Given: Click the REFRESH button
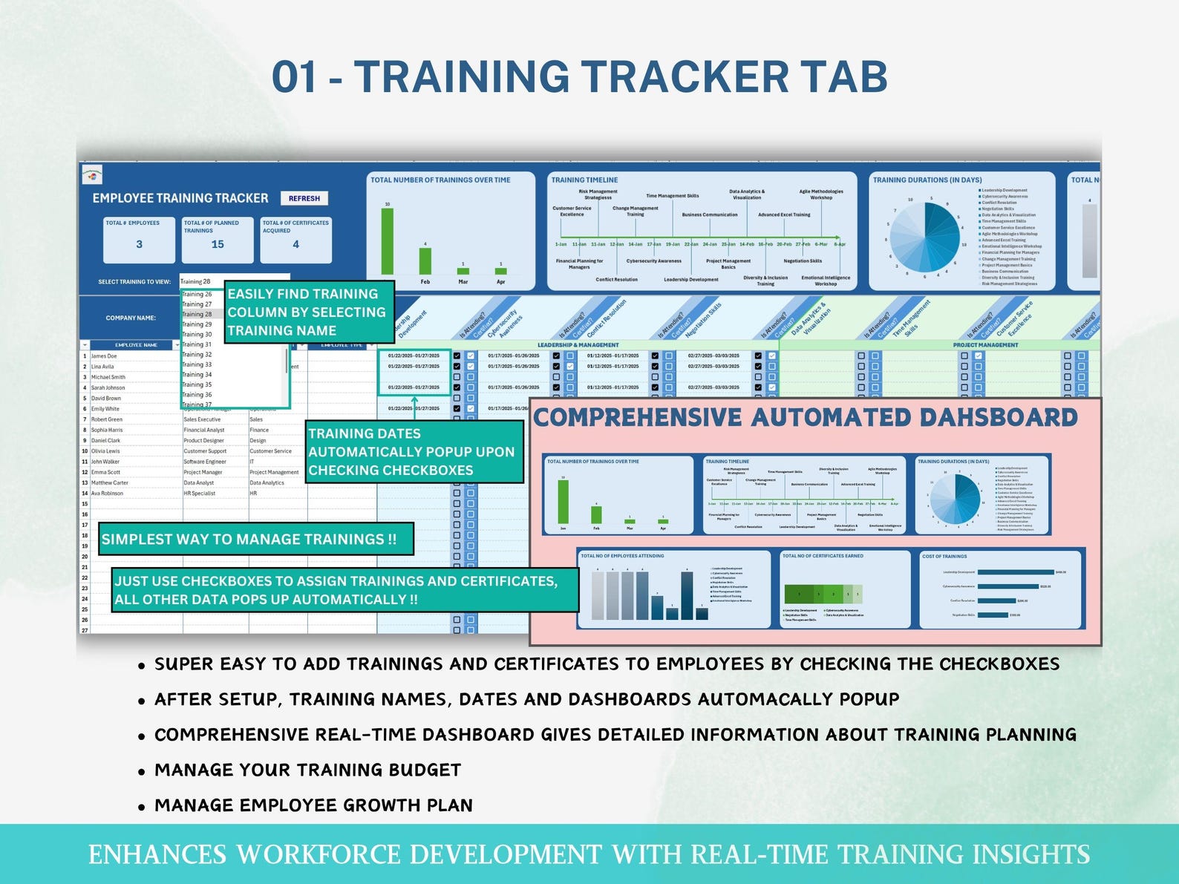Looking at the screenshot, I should tap(304, 198).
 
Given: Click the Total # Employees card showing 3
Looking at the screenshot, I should tap(139, 240).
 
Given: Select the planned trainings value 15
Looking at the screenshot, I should tap(218, 244).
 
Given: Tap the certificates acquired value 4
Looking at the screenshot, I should tap(295, 244).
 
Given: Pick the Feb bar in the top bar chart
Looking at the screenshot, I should tap(425, 261).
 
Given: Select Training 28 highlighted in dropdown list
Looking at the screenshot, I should tap(197, 315).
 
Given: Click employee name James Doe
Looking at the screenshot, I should tap(104, 356).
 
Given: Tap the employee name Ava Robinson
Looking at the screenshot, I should tap(108, 494).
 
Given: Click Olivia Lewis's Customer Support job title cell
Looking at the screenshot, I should tap(205, 451).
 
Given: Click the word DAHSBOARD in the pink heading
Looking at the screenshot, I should tap(998, 418).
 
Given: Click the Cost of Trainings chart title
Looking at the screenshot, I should tap(944, 556).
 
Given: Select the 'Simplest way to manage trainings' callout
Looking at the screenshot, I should tap(249, 540).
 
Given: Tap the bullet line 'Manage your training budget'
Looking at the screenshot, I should tap(307, 770).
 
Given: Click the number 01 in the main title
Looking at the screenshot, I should tap(294, 77).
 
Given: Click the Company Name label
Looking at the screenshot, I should tap(131, 318).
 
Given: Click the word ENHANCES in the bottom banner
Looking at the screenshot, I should tap(157, 854).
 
